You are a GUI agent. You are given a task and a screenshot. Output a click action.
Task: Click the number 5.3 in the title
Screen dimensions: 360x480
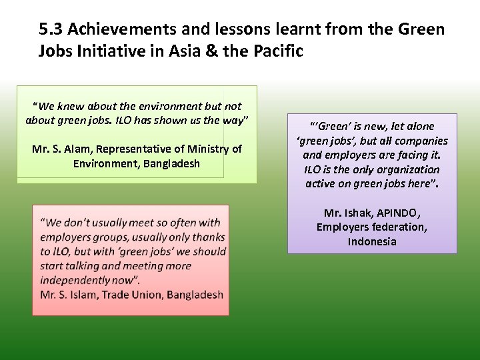click(51, 29)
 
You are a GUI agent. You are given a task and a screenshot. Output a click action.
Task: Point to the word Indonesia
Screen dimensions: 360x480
click(372, 241)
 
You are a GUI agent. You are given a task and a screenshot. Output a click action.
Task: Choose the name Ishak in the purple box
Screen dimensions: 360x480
click(356, 213)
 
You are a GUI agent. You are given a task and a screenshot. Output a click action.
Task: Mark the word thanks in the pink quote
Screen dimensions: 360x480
click(209, 237)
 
